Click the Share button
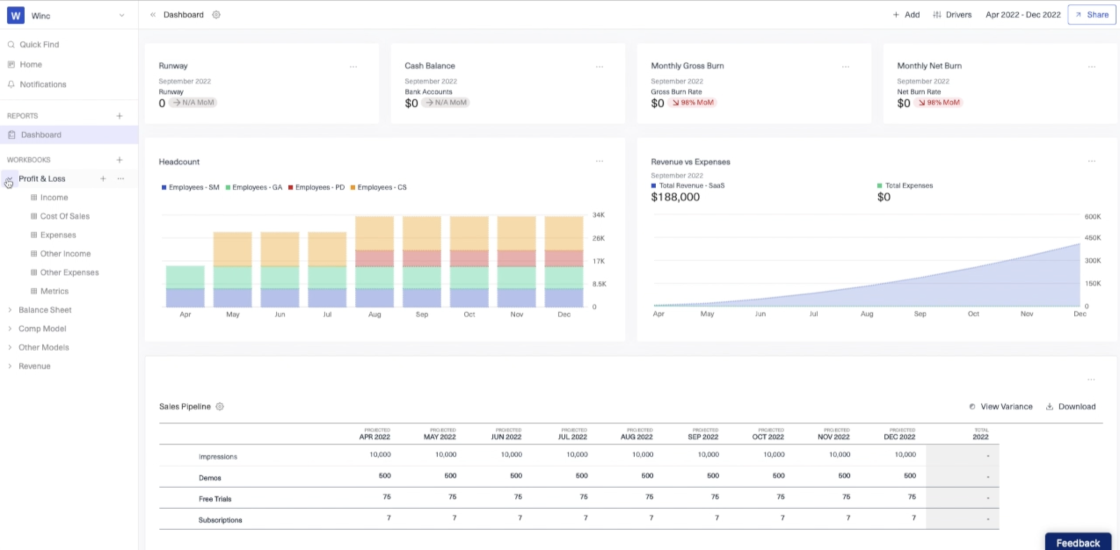1092,15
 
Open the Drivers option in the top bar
952,15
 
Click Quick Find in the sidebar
39,44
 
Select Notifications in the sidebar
43,84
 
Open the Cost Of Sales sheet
65,216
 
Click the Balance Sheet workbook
45,310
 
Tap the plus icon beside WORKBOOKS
119,159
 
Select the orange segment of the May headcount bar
233,249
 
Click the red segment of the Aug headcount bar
375,258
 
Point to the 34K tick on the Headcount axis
598,215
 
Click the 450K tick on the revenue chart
1092,238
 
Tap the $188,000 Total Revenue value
675,197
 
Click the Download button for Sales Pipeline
1071,406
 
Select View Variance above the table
1001,406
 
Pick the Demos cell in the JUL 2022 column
581,476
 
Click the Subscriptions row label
220,520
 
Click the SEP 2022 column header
702,437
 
